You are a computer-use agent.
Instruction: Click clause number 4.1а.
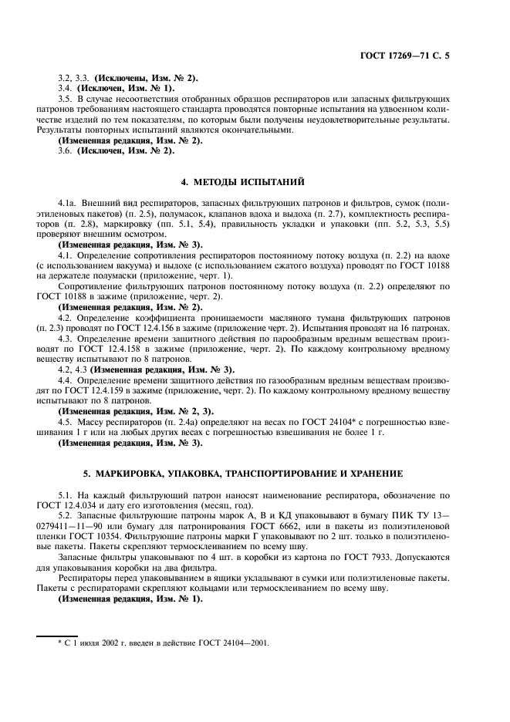click(68, 203)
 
